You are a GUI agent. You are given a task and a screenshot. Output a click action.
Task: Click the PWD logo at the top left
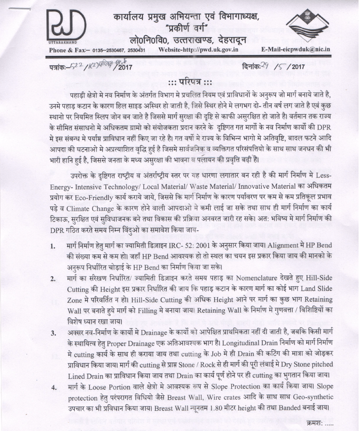(66, 26)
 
